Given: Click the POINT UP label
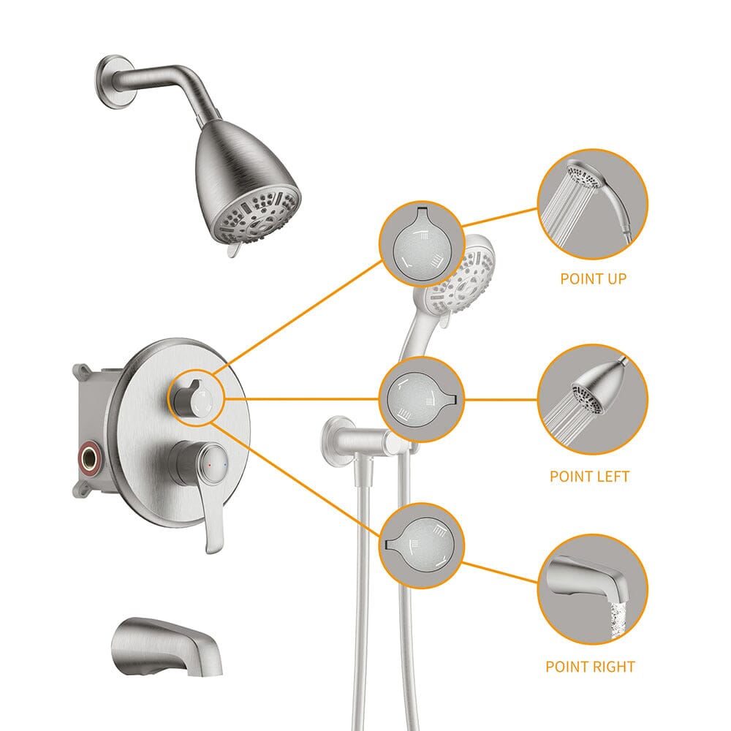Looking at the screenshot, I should pyautogui.click(x=593, y=279).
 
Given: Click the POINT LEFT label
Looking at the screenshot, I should pyautogui.click(x=589, y=477).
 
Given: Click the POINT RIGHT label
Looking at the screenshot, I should pyautogui.click(x=590, y=667).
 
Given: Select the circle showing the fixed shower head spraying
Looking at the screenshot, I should pyautogui.click(x=592, y=399).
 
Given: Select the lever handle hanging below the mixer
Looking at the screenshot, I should pyautogui.click(x=213, y=519).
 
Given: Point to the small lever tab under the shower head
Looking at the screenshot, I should pyautogui.click(x=232, y=251).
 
